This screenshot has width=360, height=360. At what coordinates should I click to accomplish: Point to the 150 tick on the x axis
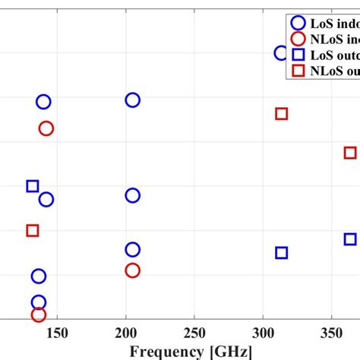[58, 333]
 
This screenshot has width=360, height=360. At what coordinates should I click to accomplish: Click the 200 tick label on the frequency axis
[126, 333]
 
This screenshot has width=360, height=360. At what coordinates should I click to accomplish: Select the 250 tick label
[195, 333]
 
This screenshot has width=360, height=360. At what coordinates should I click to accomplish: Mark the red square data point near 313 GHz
[282, 114]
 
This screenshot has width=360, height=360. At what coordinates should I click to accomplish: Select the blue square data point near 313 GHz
[282, 253]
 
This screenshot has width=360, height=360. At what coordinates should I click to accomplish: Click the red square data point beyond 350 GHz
[350, 153]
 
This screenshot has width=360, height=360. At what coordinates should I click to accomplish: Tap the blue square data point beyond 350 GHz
[350, 239]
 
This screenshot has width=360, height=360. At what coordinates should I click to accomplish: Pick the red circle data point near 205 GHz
[133, 270]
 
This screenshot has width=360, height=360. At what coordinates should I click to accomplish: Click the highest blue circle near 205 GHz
[133, 100]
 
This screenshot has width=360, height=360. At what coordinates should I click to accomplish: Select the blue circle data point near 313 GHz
[281, 53]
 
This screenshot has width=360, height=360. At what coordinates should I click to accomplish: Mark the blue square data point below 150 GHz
[33, 186]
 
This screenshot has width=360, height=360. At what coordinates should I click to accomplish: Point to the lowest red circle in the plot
[39, 314]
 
